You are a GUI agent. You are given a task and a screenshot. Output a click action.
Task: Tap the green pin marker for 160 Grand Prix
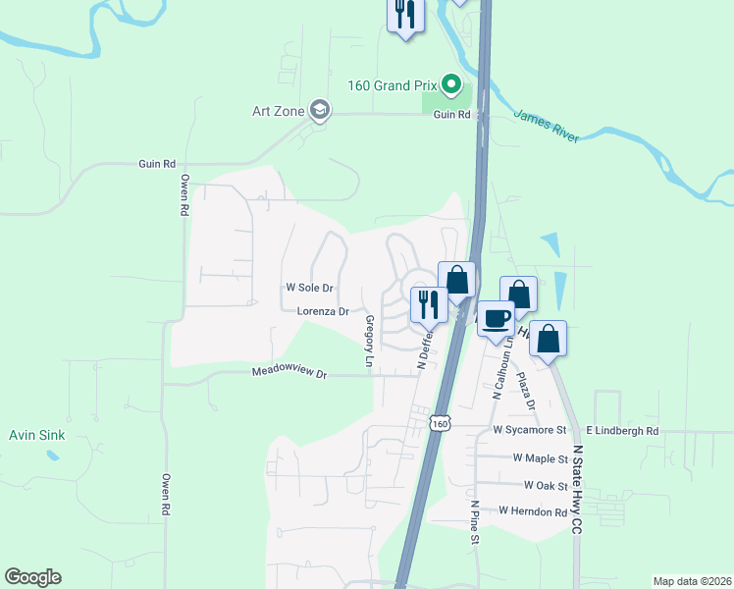[451, 84]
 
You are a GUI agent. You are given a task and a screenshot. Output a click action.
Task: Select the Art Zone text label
[278, 111]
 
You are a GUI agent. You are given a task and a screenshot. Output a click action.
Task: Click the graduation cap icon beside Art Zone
[319, 110]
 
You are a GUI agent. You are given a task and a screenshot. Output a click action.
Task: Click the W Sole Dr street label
[310, 289]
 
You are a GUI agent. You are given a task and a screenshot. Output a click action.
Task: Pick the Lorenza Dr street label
[323, 311]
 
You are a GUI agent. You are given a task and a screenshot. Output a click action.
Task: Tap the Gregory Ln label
[370, 343]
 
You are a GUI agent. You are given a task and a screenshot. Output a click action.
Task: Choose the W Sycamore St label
[530, 431]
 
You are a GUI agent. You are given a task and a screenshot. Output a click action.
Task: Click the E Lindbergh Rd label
[622, 431]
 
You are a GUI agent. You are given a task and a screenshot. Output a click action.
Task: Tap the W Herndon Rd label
[533, 511]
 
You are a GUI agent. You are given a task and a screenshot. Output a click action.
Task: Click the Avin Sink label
[36, 435]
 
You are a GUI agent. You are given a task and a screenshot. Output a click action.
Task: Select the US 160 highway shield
[442, 422]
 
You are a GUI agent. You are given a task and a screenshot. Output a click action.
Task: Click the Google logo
[32, 578]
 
